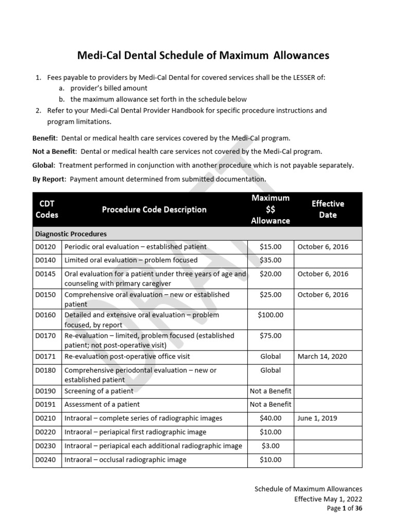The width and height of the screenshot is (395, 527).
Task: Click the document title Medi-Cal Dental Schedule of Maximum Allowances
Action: pyautogui.click(x=203, y=55)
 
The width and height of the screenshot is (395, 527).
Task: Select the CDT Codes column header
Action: pyautogui.click(x=47, y=209)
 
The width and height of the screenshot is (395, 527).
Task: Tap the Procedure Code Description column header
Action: pyautogui.click(x=154, y=209)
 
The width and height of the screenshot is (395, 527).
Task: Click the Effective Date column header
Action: pyautogui.click(x=328, y=209)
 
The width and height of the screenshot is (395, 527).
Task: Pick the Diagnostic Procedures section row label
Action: pyautogui.click(x=71, y=234)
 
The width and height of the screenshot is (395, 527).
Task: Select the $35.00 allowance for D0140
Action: pyautogui.click(x=271, y=260)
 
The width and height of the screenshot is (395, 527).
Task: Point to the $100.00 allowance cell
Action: pyautogui.click(x=271, y=315)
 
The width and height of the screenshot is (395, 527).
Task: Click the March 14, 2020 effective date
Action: pyautogui.click(x=322, y=356)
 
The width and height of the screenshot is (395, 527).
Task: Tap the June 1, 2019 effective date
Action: pyautogui.click(x=317, y=418)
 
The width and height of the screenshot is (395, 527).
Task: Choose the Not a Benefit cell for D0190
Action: pyautogui.click(x=271, y=391)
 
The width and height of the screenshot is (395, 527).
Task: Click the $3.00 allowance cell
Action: pyautogui.click(x=271, y=446)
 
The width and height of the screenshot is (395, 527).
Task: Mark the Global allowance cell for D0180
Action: pyautogui.click(x=271, y=370)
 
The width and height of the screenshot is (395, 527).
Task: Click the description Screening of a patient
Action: pyautogui.click(x=99, y=391)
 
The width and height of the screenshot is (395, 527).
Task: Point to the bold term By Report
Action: pyautogui.click(x=49, y=179)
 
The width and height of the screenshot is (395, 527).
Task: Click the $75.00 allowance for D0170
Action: pyautogui.click(x=271, y=336)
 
